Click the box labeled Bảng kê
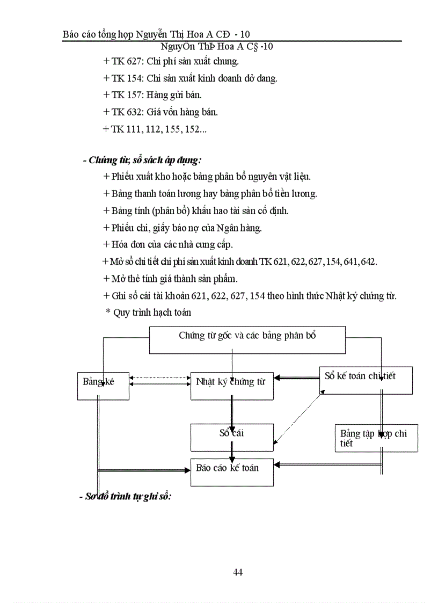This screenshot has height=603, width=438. [x=103, y=386]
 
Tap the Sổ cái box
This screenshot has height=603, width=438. [x=232, y=437]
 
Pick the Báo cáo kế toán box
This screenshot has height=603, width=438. [x=232, y=473]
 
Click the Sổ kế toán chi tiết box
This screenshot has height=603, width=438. [x=366, y=380]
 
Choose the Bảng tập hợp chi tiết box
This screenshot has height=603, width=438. [x=376, y=438]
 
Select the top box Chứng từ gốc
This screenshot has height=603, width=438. [x=247, y=339]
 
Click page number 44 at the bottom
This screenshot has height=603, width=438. [x=238, y=572]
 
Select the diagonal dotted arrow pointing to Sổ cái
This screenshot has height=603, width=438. [x=298, y=417]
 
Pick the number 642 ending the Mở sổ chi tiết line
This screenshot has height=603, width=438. [x=369, y=262]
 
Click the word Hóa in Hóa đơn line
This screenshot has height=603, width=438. [x=121, y=245]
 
